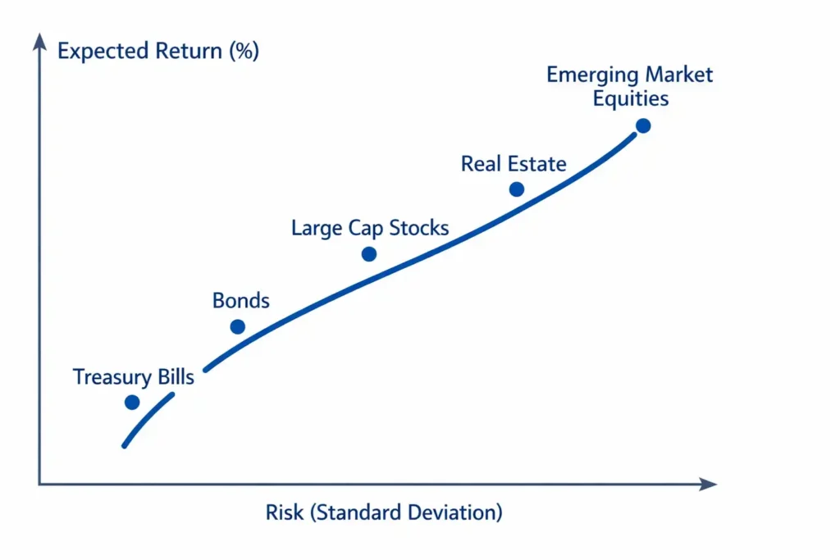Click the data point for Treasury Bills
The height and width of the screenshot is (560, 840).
[x=132, y=402]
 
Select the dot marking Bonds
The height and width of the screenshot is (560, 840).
[x=237, y=326]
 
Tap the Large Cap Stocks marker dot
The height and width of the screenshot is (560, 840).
[x=369, y=253]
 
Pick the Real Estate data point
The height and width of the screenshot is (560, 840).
[x=516, y=189]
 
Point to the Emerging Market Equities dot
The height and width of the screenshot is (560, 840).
[x=643, y=125]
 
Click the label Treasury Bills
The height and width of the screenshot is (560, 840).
[x=134, y=377]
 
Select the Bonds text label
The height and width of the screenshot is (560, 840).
[x=240, y=300]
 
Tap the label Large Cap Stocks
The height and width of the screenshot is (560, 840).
[x=370, y=227]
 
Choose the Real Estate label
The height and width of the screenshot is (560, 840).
[x=514, y=163]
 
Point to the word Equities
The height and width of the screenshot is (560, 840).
[x=630, y=99]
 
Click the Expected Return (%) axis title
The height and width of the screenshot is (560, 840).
[x=158, y=51]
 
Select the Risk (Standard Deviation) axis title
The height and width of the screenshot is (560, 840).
[x=384, y=513]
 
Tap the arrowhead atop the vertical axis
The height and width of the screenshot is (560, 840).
[x=39, y=41]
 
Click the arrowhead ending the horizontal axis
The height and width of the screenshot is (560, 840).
[x=709, y=485]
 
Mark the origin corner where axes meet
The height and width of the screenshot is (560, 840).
[x=39, y=485]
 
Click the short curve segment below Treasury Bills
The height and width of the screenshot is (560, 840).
[x=148, y=420]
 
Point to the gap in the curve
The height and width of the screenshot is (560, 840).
[x=189, y=383]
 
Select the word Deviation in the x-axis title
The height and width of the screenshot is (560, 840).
[x=457, y=513]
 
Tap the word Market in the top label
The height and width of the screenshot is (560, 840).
[x=678, y=75]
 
